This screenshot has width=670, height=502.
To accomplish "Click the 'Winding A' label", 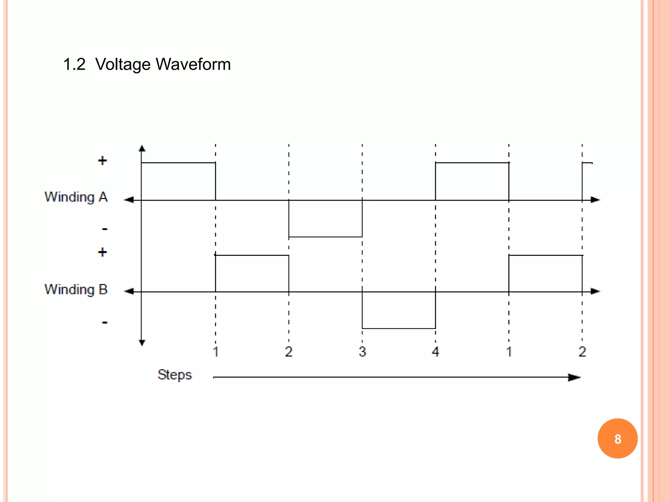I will click(76, 197).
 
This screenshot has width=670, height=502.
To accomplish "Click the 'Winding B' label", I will click(76, 290).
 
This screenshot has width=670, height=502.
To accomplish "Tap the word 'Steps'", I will click(174, 375).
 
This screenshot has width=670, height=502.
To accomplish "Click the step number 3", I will click(362, 352).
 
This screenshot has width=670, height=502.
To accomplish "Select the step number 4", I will click(435, 352).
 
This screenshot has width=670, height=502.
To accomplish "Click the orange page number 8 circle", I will click(617, 439).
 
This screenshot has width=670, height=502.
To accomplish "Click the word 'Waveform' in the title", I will click(193, 64).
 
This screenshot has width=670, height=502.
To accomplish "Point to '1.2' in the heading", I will click(74, 64).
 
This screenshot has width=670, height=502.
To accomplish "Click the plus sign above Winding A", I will click(102, 160).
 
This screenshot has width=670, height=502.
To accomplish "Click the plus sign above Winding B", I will click(102, 252).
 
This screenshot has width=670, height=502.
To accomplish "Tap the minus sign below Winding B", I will click(105, 323).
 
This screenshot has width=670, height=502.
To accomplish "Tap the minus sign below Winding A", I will click(105, 229).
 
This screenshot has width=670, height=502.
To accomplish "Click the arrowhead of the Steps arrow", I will click(574, 377).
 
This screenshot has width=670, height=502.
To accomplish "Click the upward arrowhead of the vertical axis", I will click(142, 149).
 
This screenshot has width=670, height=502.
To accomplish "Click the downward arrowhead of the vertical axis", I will click(142, 343).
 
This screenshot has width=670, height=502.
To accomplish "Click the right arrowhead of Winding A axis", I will click(595, 200).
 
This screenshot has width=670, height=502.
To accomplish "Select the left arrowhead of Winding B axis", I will click(129, 291).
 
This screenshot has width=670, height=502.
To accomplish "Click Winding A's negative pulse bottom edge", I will click(326, 237).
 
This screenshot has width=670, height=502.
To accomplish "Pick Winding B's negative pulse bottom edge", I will click(399, 328).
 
